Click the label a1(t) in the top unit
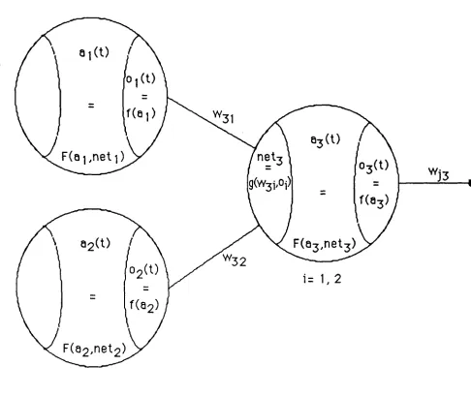[x=94, y=54]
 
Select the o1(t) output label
[x=141, y=79]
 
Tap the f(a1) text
[x=141, y=113]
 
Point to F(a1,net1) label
[x=93, y=157]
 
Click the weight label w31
[x=224, y=116]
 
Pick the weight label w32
[x=235, y=260]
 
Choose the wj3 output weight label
[x=439, y=174]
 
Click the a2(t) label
[x=95, y=244]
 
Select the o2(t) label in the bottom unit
[x=143, y=270]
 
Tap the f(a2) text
[x=144, y=305]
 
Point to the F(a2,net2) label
[x=94, y=350]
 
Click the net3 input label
[x=270, y=159]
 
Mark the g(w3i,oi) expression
[x=270, y=184]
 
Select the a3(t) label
[x=326, y=140]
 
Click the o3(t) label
[x=374, y=167]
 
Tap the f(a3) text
[x=374, y=200]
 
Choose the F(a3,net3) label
[x=325, y=244]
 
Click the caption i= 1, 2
[x=322, y=279]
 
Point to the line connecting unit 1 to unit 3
[x=211, y=123]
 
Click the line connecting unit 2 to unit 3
[x=213, y=257]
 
